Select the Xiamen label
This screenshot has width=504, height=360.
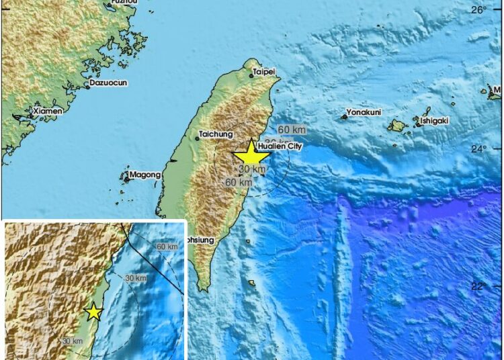[48, 110]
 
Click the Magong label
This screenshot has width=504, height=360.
[146, 175]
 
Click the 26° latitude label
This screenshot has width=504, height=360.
[478, 10]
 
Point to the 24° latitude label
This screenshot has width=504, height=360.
[477, 148]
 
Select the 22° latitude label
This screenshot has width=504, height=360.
[477, 287]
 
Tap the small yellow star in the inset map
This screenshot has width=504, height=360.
[93, 312]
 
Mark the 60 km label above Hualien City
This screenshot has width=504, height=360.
[292, 129]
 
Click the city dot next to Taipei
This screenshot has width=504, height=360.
[251, 76]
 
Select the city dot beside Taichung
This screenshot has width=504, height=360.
[198, 138]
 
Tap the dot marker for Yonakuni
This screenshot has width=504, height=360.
[344, 117]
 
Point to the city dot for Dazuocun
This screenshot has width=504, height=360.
[87, 86]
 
